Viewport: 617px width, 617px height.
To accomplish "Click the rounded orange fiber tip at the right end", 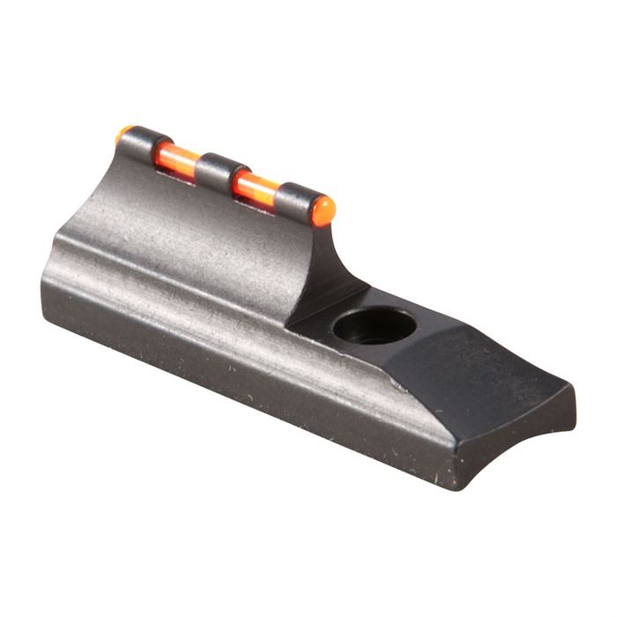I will (x=324, y=210).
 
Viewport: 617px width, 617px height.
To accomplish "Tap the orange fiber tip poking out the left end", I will (x=123, y=135).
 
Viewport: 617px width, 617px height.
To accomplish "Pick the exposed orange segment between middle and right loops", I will (x=256, y=186).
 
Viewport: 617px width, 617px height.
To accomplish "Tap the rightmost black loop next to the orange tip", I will (x=295, y=200).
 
